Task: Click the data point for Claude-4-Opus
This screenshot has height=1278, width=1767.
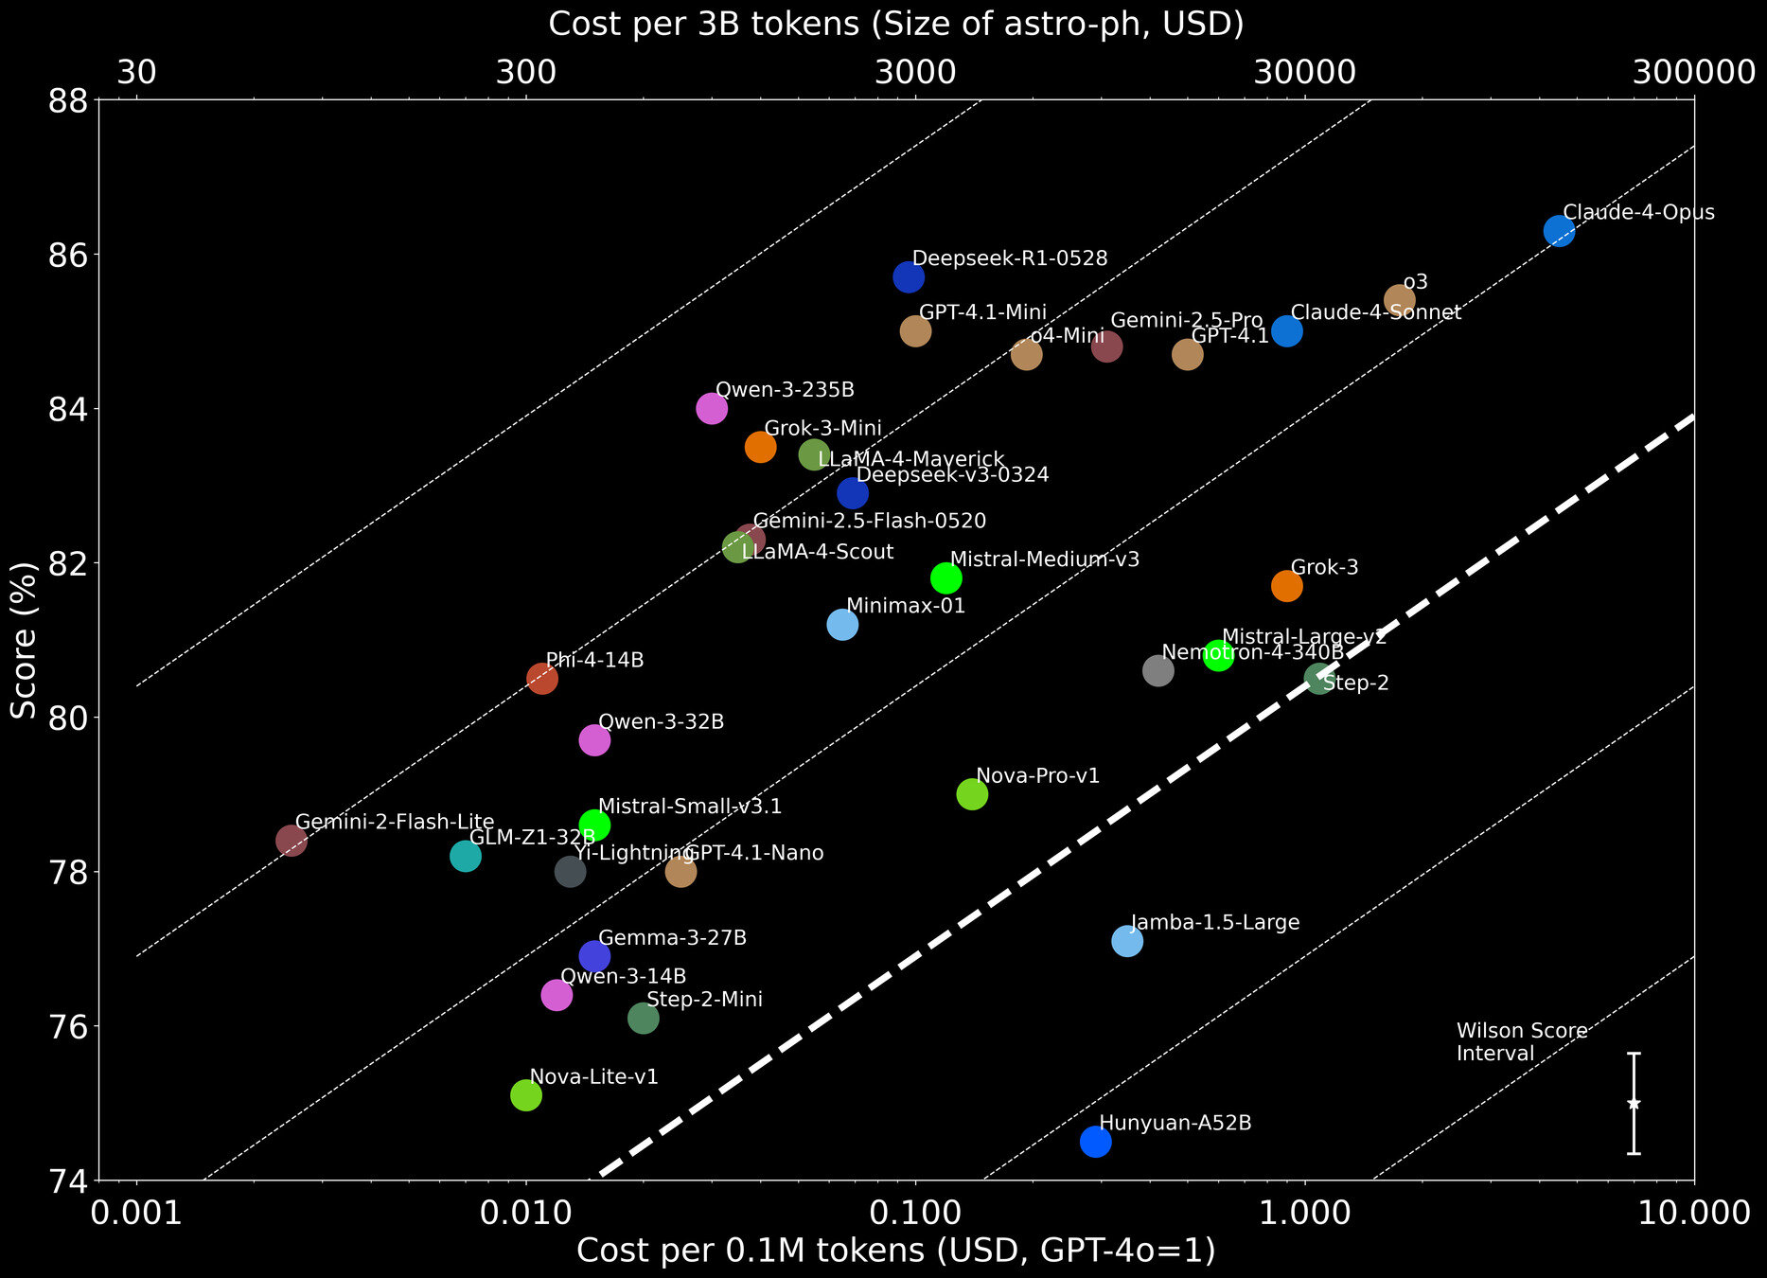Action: click(1558, 231)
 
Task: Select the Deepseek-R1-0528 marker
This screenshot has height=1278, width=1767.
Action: click(909, 277)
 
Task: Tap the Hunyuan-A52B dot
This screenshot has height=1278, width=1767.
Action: click(1095, 1142)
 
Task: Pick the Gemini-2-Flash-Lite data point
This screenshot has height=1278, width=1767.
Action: click(292, 841)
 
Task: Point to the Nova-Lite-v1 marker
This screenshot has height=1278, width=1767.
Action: click(525, 1095)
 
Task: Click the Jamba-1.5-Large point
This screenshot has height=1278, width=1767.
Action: click(1127, 941)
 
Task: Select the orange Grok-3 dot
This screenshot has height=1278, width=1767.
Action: click(1286, 586)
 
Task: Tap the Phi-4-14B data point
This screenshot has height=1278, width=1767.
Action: click(541, 678)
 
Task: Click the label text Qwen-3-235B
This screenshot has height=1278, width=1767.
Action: click(785, 389)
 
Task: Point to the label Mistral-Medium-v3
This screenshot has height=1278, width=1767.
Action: click(1044, 559)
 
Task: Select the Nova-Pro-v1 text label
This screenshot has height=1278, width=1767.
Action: click(1037, 776)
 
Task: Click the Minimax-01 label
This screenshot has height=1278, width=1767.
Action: click(906, 606)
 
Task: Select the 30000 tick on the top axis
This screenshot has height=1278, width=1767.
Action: click(1305, 72)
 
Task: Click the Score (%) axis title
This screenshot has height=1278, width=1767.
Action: click(25, 640)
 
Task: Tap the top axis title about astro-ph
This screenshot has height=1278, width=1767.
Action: click(895, 24)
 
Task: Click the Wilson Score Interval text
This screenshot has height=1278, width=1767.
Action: click(1521, 1042)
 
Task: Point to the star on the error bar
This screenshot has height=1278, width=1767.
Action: click(1634, 1104)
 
